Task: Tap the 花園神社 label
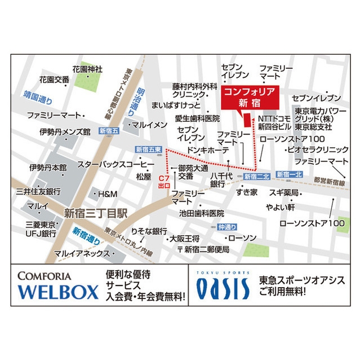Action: [87, 69]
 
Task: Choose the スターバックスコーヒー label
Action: [116, 164]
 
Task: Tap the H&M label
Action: [107, 194]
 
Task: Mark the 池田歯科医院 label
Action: [202, 214]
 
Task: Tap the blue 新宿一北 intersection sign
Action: [289, 175]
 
